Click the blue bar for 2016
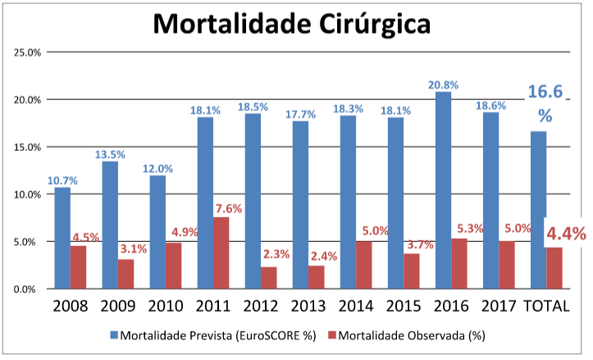click(x=444, y=190)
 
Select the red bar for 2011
click(x=221, y=253)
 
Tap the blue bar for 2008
click(x=62, y=238)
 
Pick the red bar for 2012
click(x=268, y=278)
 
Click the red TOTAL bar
click(x=554, y=268)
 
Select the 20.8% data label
click(x=443, y=84)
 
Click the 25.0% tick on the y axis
click(x=29, y=52)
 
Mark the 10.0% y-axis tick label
click(x=29, y=194)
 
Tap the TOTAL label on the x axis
click(x=547, y=307)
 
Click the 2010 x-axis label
click(x=166, y=307)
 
